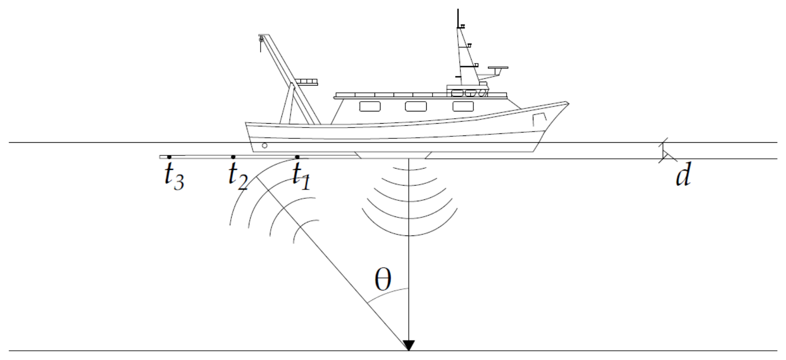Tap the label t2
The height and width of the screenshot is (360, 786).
point(238,176)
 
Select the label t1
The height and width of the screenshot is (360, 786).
point(301,176)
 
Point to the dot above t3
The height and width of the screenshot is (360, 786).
point(169,157)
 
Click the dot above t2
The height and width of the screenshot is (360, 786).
point(233,157)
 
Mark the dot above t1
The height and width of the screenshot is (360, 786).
point(297,157)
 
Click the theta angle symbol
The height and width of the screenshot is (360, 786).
point(383,280)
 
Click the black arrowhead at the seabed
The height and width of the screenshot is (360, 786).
point(408,346)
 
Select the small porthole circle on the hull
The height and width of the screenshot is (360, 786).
point(265,146)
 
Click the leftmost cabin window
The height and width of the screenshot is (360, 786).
point(370,106)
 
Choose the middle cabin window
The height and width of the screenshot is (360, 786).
point(416,106)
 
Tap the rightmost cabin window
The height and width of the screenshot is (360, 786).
point(463,106)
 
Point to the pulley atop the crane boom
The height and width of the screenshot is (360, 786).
point(261,39)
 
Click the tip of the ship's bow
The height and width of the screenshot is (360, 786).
point(568,102)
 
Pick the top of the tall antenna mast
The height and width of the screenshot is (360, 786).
point(458,9)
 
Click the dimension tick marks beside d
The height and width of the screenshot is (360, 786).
point(665,151)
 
